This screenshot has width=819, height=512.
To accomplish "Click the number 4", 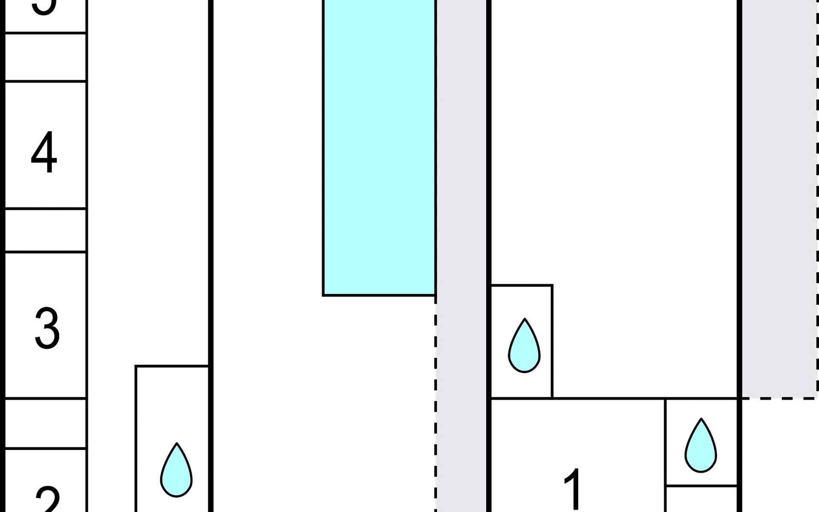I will [x=44, y=152].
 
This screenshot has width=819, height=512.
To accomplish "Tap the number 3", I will [x=47, y=328].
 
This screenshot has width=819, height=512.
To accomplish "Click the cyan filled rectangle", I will [x=379, y=145].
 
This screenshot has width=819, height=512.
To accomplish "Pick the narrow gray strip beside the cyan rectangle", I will [x=461, y=213].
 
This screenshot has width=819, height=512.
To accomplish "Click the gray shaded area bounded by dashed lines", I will [x=778, y=196].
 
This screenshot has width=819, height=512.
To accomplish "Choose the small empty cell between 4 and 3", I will [x=45, y=230].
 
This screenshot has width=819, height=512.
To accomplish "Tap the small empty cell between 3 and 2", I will [x=45, y=423].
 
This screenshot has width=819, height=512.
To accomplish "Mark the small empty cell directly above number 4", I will [x=45, y=57].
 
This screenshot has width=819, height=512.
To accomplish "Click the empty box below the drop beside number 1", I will [x=701, y=499].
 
